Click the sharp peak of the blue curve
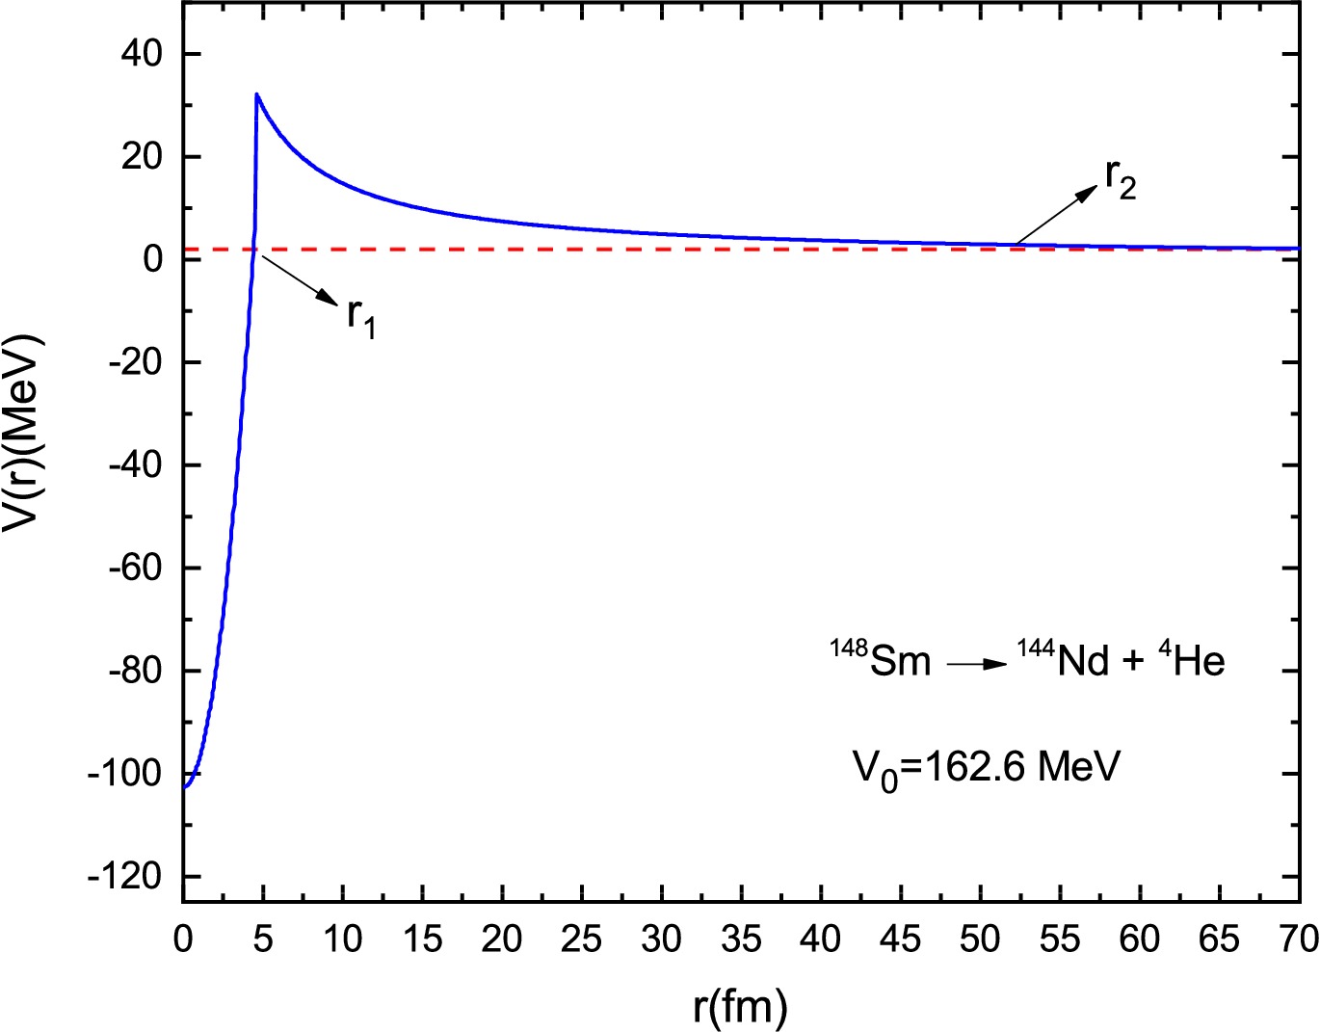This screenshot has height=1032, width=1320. (x=256, y=94)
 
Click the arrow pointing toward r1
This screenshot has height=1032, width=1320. (x=298, y=280)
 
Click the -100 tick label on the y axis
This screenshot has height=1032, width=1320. (x=125, y=774)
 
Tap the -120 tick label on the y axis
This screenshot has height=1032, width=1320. (x=125, y=877)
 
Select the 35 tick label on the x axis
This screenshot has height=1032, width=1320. (x=741, y=939)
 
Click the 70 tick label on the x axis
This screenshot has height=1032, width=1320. (x=1299, y=939)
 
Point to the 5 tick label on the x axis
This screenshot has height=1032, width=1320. (x=263, y=939)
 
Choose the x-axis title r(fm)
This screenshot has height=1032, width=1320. (x=740, y=1006)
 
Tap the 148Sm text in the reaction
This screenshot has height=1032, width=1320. (x=881, y=660)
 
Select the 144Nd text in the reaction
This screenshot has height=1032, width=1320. (x=1064, y=660)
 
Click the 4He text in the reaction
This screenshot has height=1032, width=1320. (x=1191, y=660)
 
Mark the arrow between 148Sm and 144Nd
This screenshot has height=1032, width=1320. (x=977, y=665)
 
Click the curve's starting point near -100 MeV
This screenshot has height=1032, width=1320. (x=185, y=787)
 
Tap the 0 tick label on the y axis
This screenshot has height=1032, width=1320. (x=151, y=259)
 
